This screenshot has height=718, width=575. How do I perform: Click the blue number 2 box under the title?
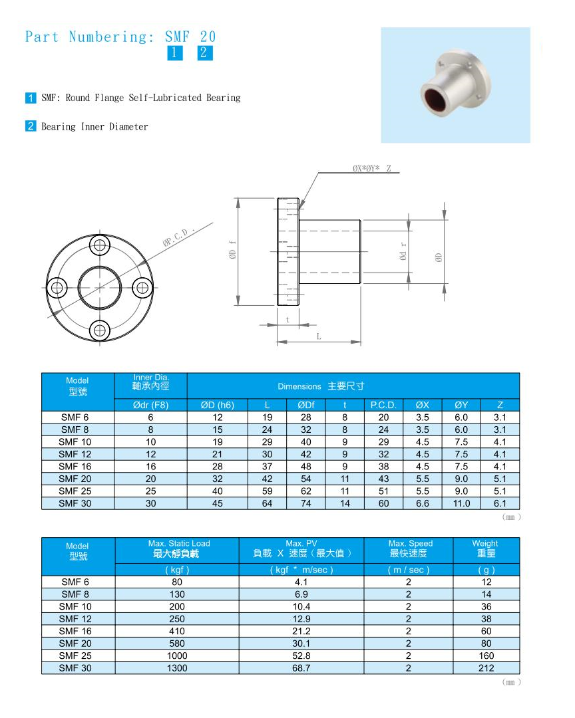tap(205, 53)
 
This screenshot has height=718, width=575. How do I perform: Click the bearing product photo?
tap(455, 84)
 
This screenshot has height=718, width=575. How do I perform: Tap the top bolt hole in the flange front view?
tap(100, 245)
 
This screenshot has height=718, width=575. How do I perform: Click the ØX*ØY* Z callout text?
tap(372, 168)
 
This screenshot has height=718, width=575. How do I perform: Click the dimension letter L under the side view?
tap(319, 336)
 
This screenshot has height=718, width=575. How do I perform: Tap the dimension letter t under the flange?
tap(287, 319)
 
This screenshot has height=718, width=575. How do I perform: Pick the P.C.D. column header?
tap(383, 405)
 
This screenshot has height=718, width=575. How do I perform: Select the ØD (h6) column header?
tap(218, 405)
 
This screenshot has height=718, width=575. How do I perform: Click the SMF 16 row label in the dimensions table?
tap(78, 467)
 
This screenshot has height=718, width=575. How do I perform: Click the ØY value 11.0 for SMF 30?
tap(461, 503)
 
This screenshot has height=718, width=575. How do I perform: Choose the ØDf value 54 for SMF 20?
tap(306, 479)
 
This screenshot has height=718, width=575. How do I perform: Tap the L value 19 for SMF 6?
tap(267, 418)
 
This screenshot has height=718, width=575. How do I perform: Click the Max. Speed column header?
tap(408, 548)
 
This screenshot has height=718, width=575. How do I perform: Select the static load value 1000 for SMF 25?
tap(177, 656)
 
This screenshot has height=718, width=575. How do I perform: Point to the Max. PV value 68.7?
tap(301, 668)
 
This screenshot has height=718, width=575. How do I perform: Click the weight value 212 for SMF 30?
tap(486, 668)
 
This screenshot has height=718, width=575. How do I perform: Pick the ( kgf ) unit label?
tap(177, 570)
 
